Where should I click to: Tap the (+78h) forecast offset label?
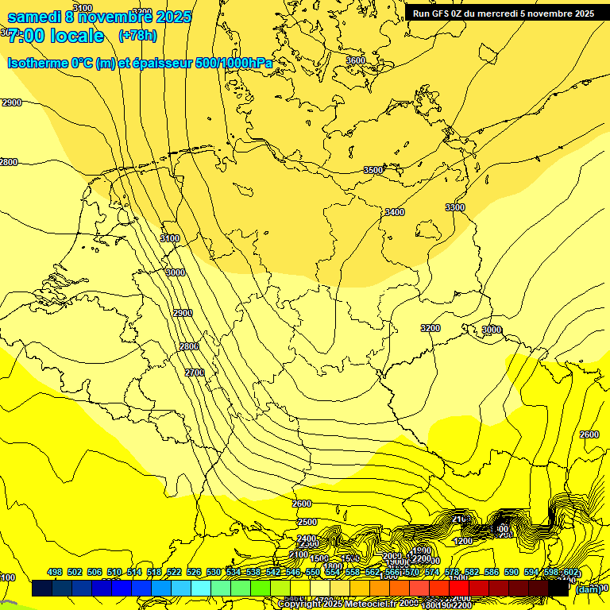pos(137,36)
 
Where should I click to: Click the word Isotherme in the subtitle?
pos(37,63)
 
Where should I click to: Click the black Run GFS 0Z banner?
pos(503,13)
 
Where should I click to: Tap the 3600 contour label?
pos(356,60)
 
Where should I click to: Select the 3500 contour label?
pos(373,170)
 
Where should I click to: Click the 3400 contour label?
pos(394,212)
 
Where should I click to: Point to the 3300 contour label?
pos(455,207)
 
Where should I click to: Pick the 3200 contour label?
pos(430,328)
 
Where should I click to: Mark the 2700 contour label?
pos(195,373)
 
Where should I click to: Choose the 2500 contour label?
pos(307,522)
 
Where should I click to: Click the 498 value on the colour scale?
pos(55,573)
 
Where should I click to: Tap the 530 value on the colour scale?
pos(214,573)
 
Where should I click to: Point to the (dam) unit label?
pos(588,589)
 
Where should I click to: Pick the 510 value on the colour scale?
pos(114,573)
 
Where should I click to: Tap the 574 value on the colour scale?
pos(432,573)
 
